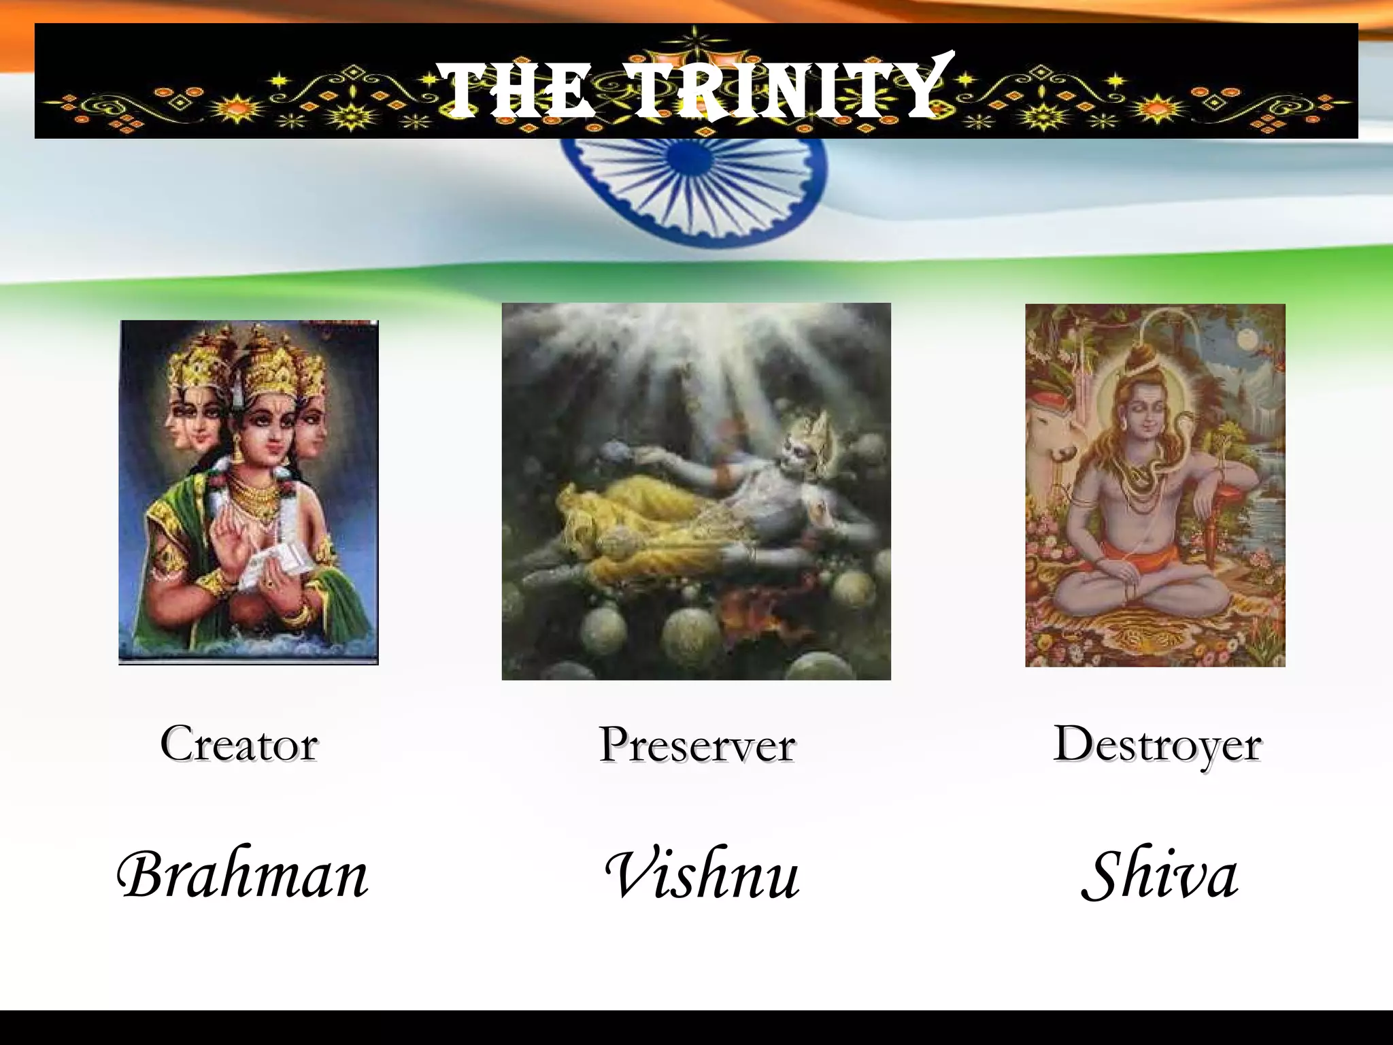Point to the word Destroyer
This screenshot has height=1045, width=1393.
(x=1157, y=744)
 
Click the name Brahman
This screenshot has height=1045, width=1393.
(x=242, y=875)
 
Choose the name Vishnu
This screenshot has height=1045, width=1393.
(x=702, y=875)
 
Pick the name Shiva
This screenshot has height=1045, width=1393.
(x=1160, y=876)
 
